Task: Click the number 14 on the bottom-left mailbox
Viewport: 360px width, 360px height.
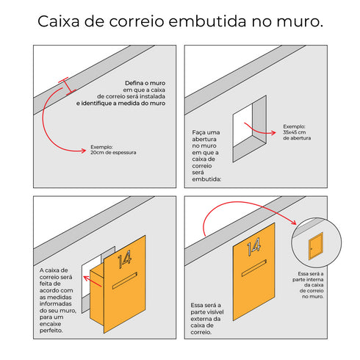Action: [x=124, y=258]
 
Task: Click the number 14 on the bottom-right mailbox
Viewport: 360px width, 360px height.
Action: [x=253, y=248]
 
